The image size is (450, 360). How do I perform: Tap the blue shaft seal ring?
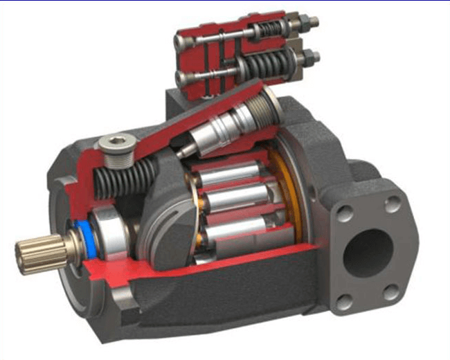[80, 235]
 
